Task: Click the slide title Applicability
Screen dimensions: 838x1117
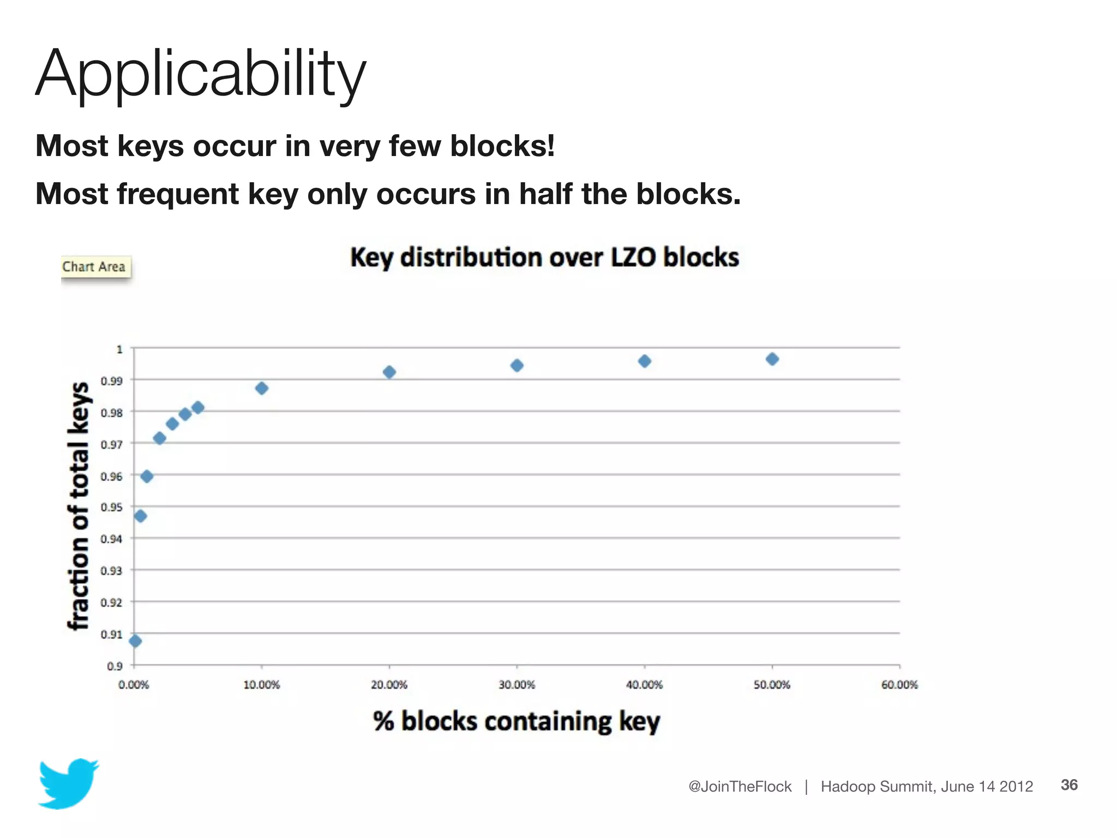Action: click(x=201, y=74)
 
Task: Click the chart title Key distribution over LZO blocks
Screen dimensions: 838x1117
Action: click(x=544, y=258)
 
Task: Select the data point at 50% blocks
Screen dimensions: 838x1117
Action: click(x=772, y=359)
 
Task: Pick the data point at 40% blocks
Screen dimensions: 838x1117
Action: click(x=644, y=361)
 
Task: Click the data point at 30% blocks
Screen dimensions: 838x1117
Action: click(x=517, y=366)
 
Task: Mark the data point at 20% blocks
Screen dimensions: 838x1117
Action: click(x=389, y=373)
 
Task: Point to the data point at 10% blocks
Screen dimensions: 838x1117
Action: click(x=262, y=388)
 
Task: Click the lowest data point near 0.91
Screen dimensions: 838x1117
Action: click(x=135, y=641)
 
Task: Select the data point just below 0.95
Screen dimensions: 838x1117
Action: click(x=140, y=516)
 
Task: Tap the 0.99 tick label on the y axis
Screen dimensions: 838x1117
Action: click(x=112, y=381)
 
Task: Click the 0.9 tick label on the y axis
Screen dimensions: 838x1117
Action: click(x=115, y=666)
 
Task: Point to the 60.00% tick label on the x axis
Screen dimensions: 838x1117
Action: click(x=899, y=685)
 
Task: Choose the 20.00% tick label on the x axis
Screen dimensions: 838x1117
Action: click(x=389, y=685)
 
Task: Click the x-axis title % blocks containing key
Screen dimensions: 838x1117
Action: click(x=517, y=721)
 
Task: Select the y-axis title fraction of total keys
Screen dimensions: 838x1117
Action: click(x=79, y=506)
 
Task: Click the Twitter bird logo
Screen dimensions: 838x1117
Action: click(x=68, y=783)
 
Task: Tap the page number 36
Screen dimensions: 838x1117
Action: click(x=1068, y=785)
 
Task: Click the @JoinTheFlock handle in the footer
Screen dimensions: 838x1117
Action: click(x=740, y=786)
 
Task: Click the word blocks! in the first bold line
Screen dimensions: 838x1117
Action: click(x=502, y=146)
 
